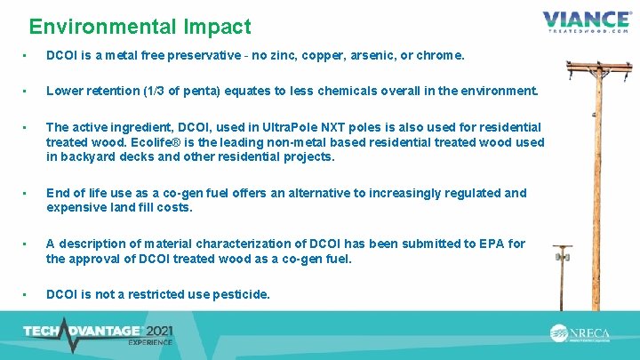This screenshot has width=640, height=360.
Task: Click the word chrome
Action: pos(442,55)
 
